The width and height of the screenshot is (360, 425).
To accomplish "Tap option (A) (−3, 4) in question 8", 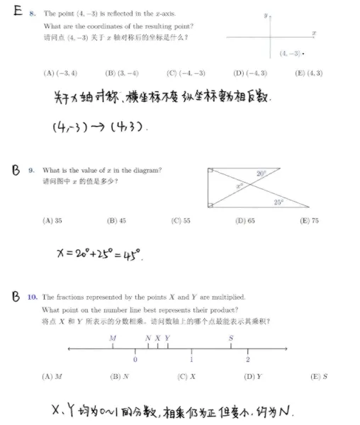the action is pos(60,72).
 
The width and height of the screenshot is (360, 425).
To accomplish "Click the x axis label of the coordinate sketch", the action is pos(313,33).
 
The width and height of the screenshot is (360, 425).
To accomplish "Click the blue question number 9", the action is pos(31,170).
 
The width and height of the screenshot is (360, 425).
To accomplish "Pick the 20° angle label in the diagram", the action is pos(260,174).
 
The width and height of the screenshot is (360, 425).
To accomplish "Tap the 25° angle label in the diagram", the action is pos(279,202).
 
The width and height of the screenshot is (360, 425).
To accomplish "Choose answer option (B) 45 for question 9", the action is pos(116,220).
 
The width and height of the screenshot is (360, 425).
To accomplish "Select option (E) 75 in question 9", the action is pos(309,220).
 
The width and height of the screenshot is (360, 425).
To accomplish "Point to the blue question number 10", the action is pos(33,297).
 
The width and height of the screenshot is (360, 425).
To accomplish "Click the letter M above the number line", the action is pos(113,338).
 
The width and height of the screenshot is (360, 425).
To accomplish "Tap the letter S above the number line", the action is pos(231,338).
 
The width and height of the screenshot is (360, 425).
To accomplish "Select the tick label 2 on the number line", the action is pos(247,360).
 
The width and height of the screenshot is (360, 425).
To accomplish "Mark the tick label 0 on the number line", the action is pos(135,360).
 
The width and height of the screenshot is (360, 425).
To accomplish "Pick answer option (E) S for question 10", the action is pos(319,376).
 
